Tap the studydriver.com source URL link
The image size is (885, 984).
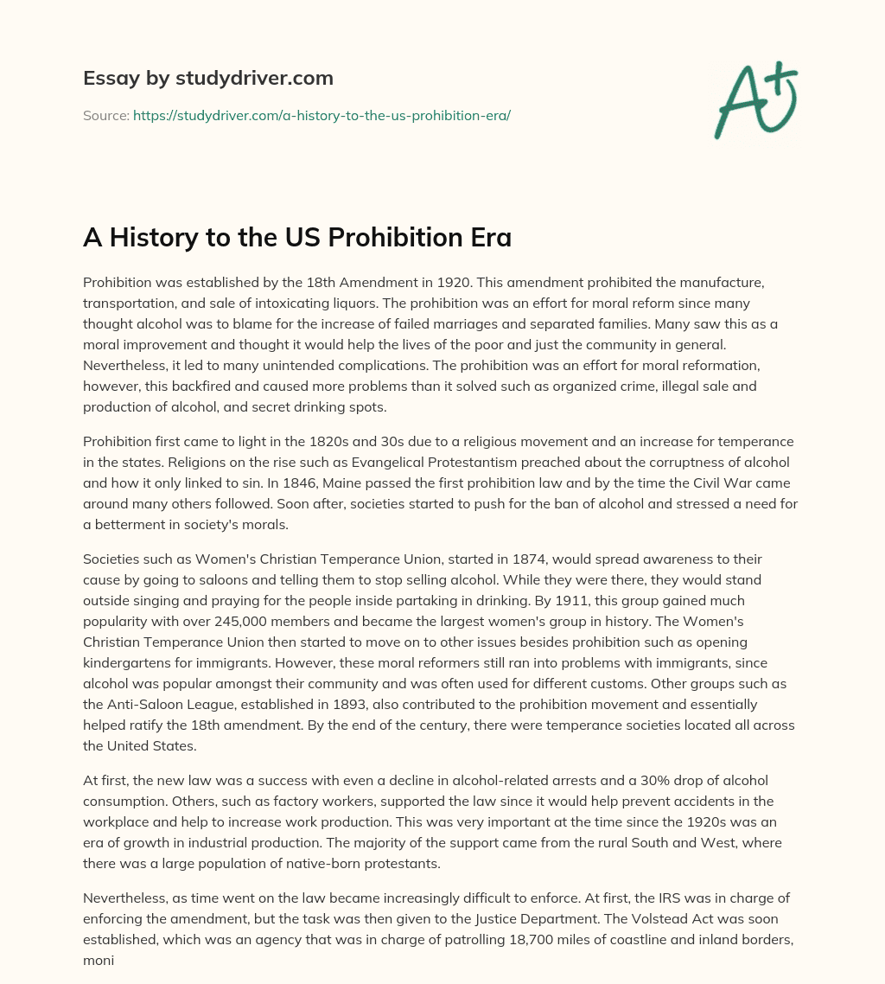coord(322,115)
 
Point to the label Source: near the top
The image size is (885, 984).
coord(105,115)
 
